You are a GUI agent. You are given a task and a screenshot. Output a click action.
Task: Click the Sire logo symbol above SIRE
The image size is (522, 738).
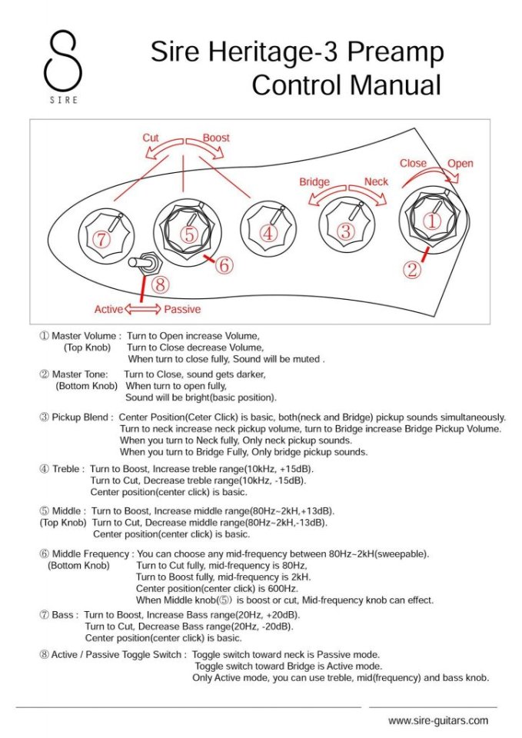coord(63,61)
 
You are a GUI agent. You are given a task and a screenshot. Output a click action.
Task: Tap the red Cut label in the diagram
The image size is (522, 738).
coord(151,138)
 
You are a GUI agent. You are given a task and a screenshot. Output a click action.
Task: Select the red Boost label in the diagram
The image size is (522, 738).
coord(216,138)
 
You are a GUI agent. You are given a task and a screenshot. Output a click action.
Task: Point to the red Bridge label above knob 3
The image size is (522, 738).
coord(314,182)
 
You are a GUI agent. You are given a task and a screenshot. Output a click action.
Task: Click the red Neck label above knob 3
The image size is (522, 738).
coord(377,182)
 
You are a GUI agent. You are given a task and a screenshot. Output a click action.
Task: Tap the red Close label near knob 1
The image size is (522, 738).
coord(413,163)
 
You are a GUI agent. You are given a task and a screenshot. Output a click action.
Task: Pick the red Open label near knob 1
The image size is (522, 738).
coord(460,163)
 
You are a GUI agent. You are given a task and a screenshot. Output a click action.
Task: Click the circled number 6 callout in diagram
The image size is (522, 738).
coord(223,266)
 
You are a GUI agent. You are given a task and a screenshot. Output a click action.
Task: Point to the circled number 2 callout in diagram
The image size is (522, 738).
coord(413,269)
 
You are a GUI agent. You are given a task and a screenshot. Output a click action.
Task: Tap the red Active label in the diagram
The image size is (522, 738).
coord(108,309)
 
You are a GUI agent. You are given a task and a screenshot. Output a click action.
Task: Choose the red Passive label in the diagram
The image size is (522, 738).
coord(182,309)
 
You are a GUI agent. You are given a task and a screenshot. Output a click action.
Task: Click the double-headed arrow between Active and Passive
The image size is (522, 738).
coord(142,309)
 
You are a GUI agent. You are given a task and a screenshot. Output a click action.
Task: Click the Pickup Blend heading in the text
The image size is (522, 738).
coord(82,417)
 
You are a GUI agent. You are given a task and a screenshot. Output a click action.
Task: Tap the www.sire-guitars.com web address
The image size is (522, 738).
coord(438,720)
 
